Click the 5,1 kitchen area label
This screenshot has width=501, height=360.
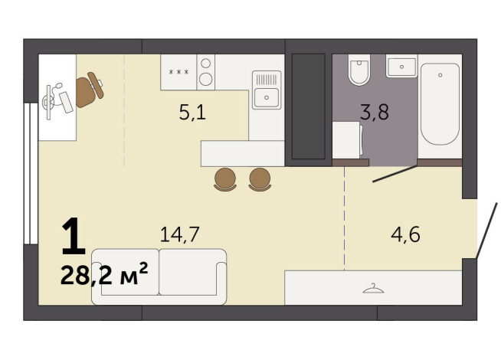(x=192, y=113)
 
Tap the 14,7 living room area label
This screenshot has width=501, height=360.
(x=180, y=234)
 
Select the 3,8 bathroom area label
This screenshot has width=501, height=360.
(x=375, y=112)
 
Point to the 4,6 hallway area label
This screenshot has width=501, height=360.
(x=405, y=234)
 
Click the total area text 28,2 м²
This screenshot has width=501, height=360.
(x=104, y=274)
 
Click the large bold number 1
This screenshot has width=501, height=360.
(x=74, y=236)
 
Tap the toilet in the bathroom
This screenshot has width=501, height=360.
(x=359, y=70)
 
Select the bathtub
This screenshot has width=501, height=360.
(x=440, y=104)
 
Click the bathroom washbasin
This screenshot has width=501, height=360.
(x=401, y=66)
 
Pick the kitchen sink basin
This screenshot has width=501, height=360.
(x=267, y=97)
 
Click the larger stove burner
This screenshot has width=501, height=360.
(x=206, y=79)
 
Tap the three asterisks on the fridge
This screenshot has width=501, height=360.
(x=178, y=72)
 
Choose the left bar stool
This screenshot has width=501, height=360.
(x=225, y=180)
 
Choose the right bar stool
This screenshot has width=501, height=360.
(x=260, y=180)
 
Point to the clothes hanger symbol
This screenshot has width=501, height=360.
(x=373, y=289)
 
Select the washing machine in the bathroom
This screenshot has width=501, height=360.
(x=347, y=139)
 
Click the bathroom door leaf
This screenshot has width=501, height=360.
(x=395, y=174)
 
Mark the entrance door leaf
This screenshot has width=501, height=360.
(x=487, y=231)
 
